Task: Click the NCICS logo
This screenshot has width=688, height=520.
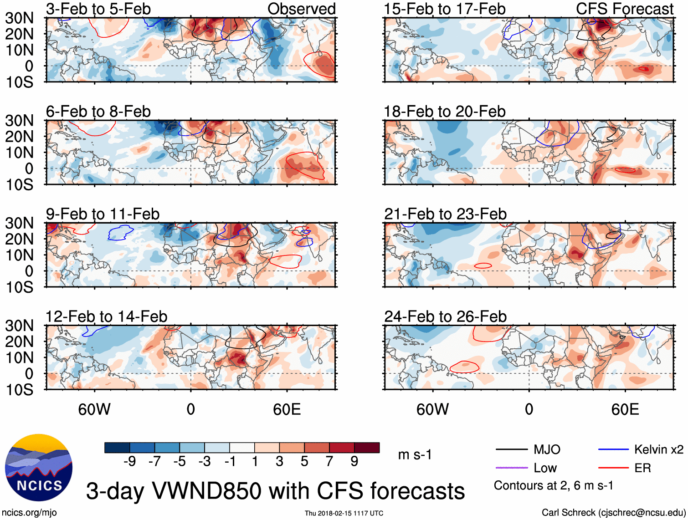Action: point(38,468)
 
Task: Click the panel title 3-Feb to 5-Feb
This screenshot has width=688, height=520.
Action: point(98,9)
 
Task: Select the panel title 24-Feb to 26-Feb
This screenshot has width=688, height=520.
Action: point(445,316)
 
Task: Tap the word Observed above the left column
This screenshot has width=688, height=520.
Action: point(301,9)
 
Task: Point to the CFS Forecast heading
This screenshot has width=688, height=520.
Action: point(625,9)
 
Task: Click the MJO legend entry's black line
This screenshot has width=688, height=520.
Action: point(511,450)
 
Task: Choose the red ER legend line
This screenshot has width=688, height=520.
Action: point(613,468)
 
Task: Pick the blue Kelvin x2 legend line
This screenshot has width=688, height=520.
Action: point(613,450)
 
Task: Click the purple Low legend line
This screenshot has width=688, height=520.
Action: point(511,468)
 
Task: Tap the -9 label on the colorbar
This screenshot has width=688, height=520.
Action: point(129,461)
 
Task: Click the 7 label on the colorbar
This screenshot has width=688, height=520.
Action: point(329,461)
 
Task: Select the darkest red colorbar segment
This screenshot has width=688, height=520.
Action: point(367,448)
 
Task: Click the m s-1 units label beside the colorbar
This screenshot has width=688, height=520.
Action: point(415,454)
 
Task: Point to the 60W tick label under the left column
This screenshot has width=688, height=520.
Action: point(94,409)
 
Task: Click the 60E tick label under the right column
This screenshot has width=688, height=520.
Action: point(625,409)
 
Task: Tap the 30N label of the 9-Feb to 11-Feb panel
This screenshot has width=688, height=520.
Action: point(19,223)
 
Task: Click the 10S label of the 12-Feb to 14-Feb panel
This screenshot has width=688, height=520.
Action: point(19,390)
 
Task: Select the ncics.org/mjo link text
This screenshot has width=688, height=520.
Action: point(29,512)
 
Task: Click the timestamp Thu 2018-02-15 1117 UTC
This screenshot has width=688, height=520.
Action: point(344,513)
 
